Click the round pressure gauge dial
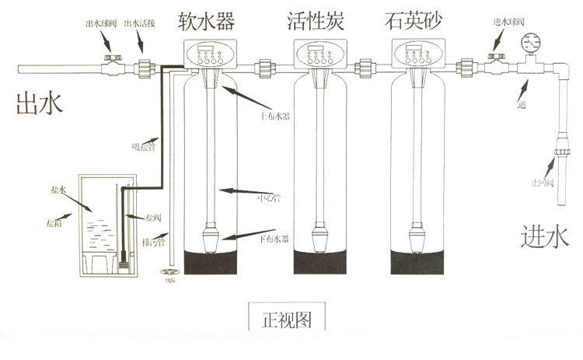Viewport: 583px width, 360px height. pos(532,40)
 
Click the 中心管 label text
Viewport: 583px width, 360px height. pos(268,197)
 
